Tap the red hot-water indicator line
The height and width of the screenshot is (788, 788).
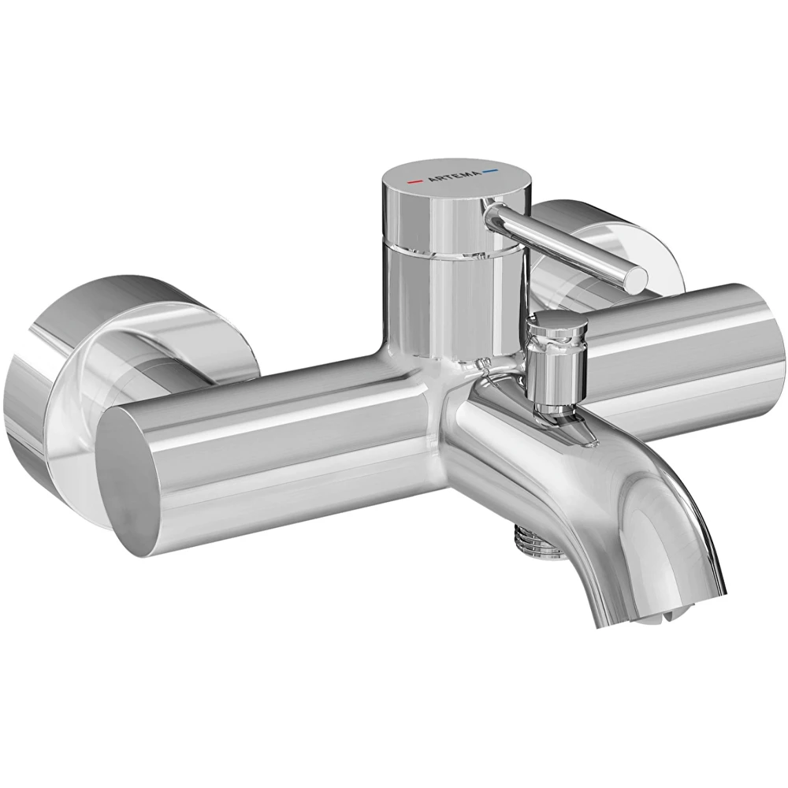point(415,181)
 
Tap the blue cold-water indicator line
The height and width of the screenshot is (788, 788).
point(490,171)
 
